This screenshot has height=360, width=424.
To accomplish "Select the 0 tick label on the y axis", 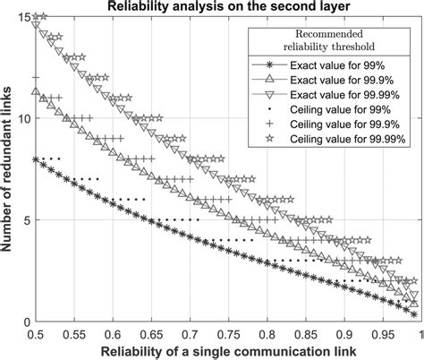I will click(x=27, y=321).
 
